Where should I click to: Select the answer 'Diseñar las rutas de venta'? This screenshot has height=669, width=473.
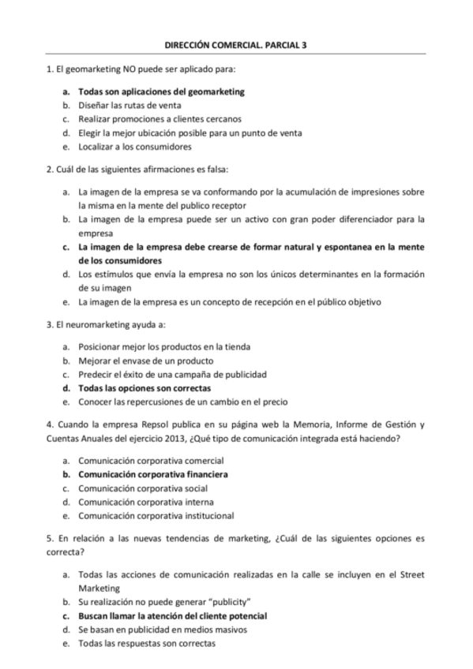click(130, 105)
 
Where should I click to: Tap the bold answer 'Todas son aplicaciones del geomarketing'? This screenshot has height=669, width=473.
click(161, 92)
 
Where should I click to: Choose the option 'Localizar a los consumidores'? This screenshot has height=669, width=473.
click(135, 146)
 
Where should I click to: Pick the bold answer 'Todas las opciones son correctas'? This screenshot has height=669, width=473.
click(145, 387)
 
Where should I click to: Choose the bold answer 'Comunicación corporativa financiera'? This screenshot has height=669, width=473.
click(153, 474)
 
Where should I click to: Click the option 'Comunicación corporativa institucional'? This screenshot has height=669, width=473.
click(156, 515)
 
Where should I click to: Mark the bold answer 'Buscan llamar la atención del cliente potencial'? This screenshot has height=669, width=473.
click(172, 615)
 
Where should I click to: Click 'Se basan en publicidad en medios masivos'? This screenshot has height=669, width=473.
click(163, 629)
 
